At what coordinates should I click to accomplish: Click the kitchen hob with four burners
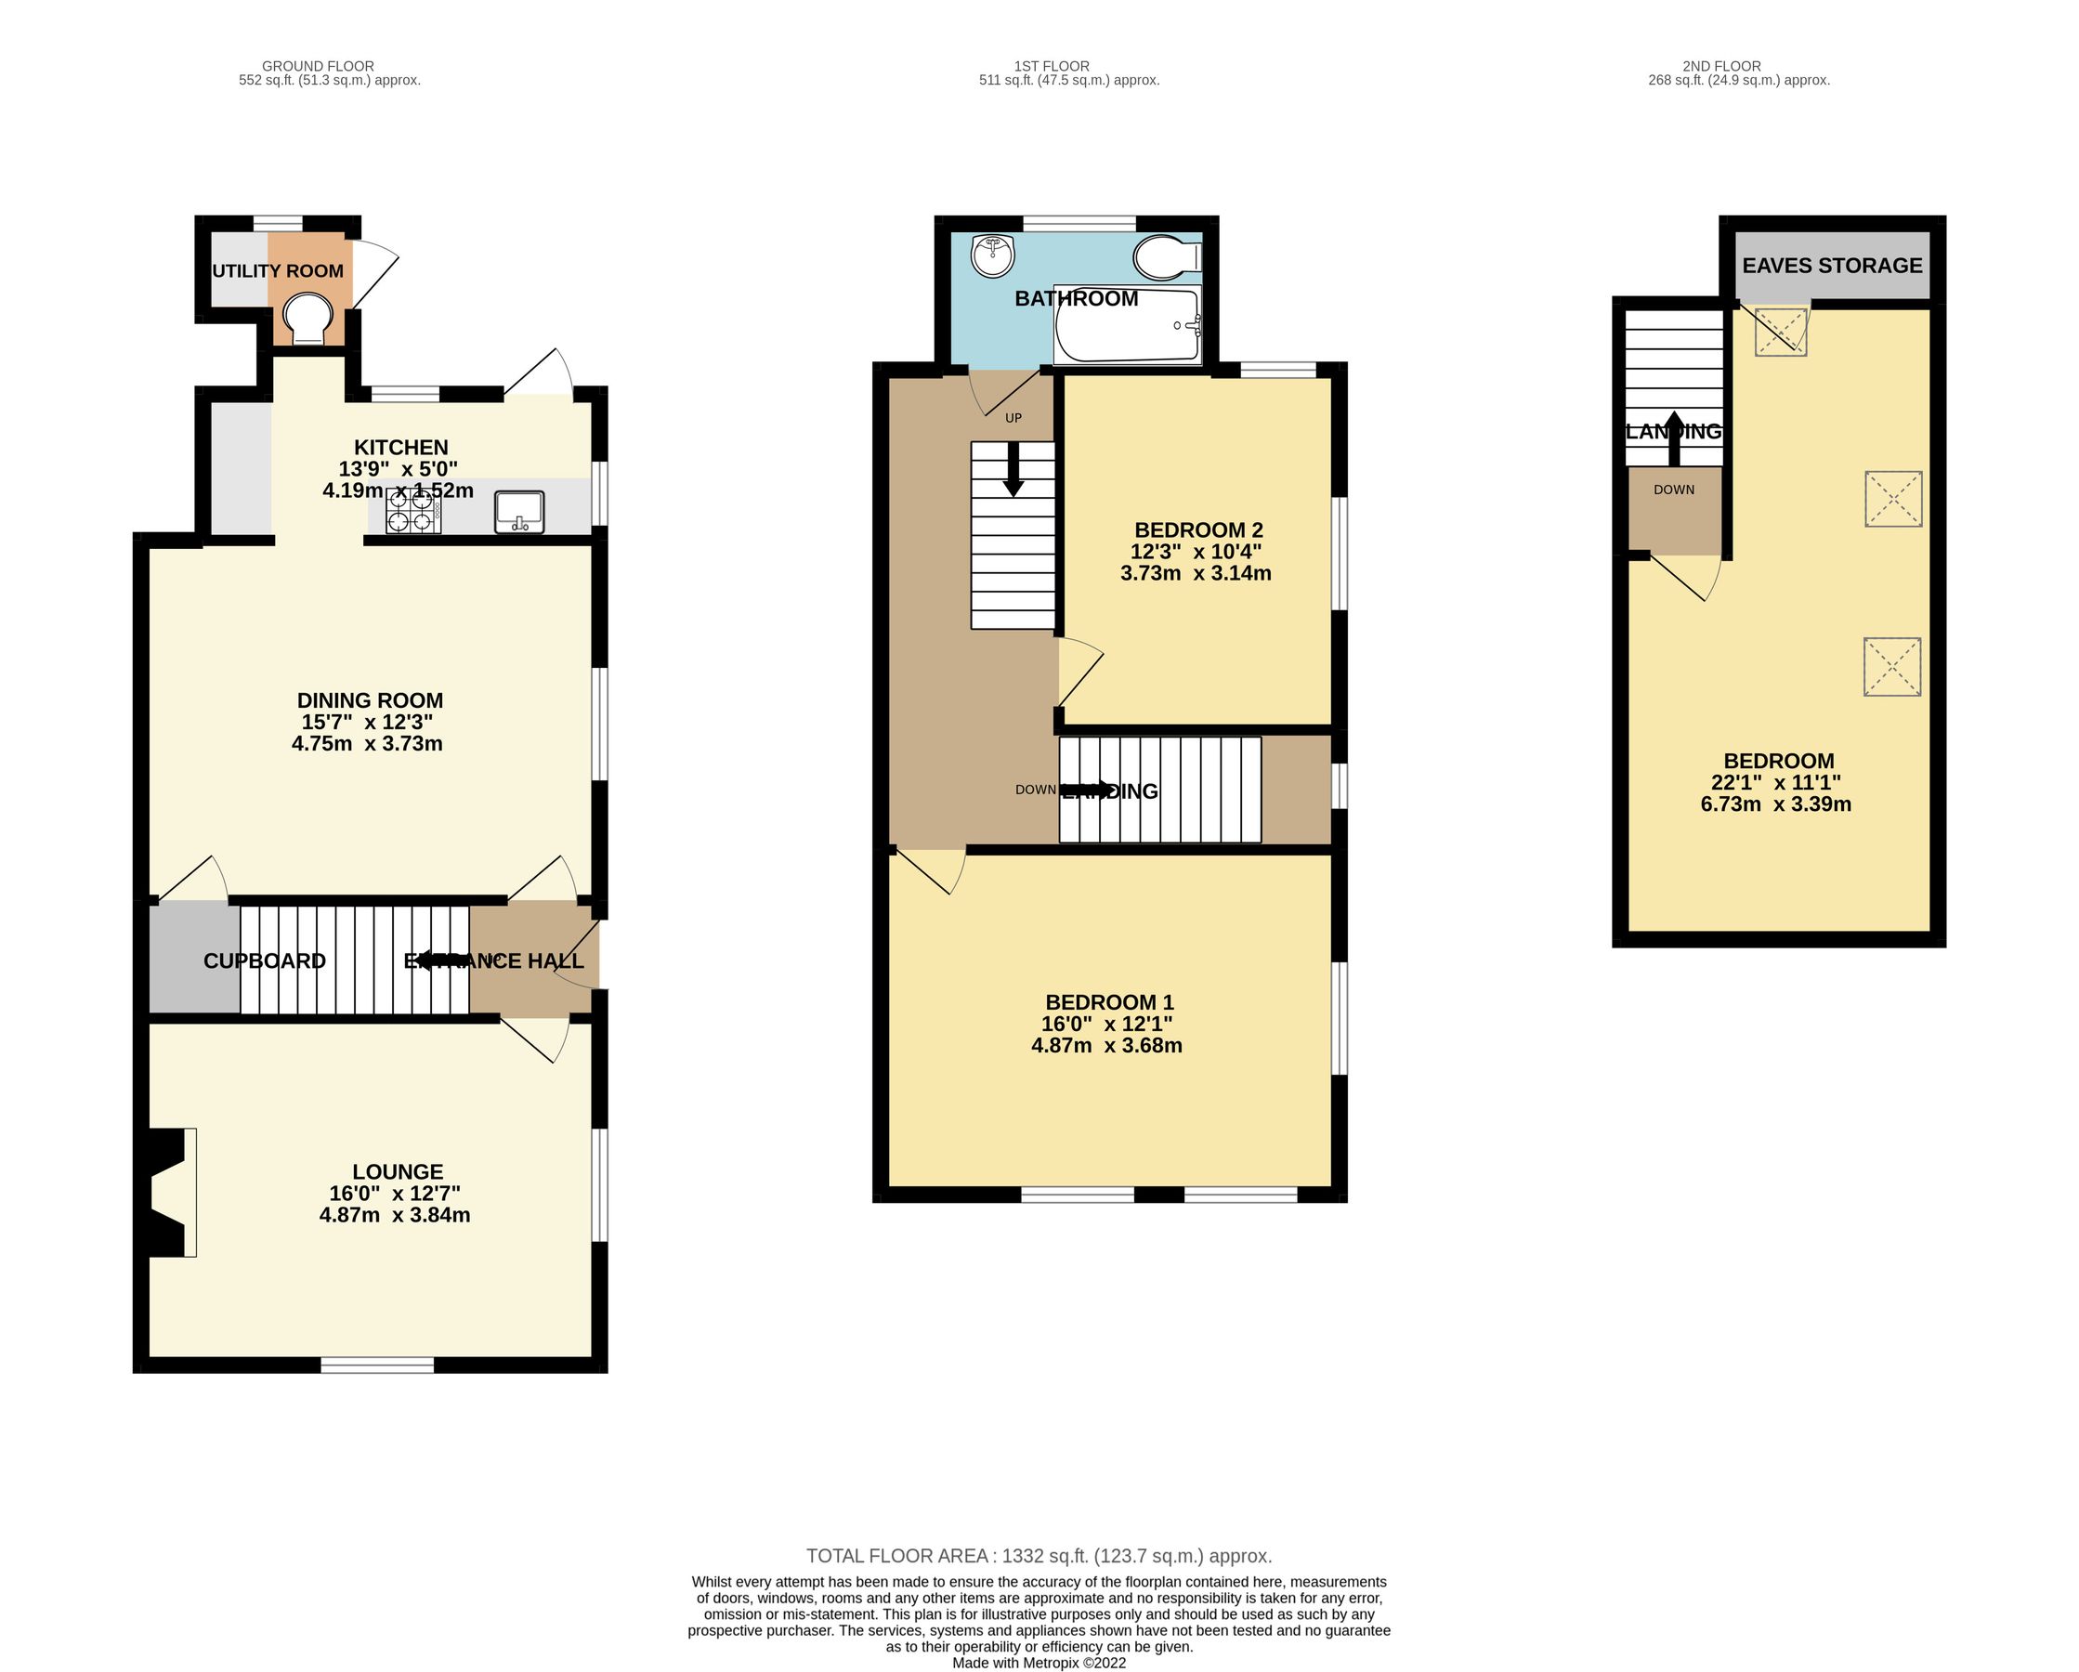pyautogui.click(x=413, y=511)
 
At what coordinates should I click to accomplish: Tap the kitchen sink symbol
pyautogui.click(x=520, y=511)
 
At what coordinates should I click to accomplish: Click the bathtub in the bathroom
pyautogui.click(x=1126, y=326)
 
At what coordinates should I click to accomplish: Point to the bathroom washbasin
pyautogui.click(x=992, y=255)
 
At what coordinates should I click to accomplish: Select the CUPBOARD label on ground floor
pyautogui.click(x=264, y=960)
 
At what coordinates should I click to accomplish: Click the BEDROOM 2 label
pyautogui.click(x=1197, y=529)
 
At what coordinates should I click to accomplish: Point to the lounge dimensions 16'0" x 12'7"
pyautogui.click(x=395, y=1193)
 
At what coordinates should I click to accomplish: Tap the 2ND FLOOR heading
pyautogui.click(x=1721, y=67)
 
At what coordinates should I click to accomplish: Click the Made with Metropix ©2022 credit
pyautogui.click(x=1039, y=1663)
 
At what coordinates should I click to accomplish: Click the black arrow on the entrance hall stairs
pyautogui.click(x=434, y=960)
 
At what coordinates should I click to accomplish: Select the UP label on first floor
pyautogui.click(x=1013, y=417)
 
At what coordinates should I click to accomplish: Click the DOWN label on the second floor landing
pyautogui.click(x=1673, y=490)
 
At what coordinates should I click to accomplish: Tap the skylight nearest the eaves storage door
pyautogui.click(x=1779, y=332)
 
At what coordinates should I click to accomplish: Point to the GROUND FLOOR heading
pyautogui.click(x=319, y=67)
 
